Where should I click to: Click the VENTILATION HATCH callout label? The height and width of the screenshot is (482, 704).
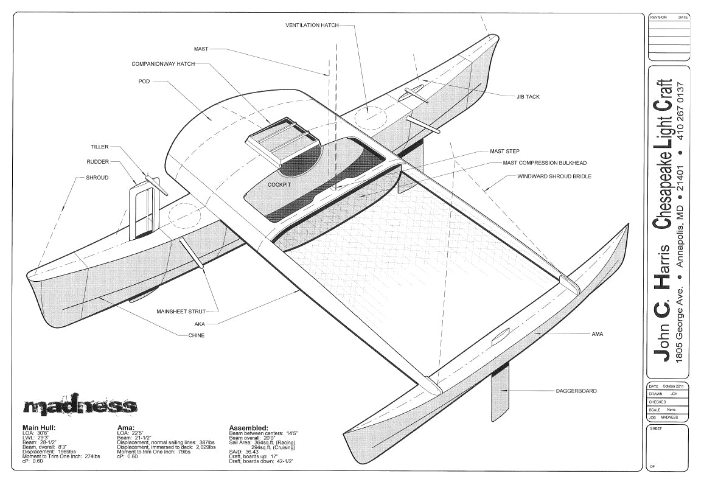pyautogui.click(x=312, y=25)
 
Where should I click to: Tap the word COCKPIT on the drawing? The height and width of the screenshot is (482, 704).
pyautogui.click(x=281, y=184)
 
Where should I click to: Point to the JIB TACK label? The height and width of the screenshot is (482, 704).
pyautogui.click(x=528, y=97)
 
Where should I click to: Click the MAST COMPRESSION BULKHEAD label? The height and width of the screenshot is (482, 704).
pyautogui.click(x=545, y=163)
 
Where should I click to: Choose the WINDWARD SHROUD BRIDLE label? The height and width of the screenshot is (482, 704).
pyautogui.click(x=554, y=176)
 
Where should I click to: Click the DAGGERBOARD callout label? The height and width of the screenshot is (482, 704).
pyautogui.click(x=576, y=391)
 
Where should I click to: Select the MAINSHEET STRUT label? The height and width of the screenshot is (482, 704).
pyautogui.click(x=181, y=311)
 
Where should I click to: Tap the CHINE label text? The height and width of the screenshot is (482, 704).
pyautogui.click(x=196, y=335)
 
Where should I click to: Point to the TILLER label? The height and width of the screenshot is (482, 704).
pyautogui.click(x=100, y=147)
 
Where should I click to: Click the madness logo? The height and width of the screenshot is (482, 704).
pyautogui.click(x=80, y=406)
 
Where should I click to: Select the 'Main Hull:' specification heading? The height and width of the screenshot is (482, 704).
pyautogui.click(x=40, y=427)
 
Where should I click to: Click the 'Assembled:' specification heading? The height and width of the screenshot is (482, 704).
pyautogui.click(x=248, y=427)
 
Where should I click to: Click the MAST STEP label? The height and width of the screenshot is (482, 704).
pyautogui.click(x=504, y=151)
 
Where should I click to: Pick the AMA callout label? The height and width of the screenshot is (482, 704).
pyautogui.click(x=597, y=334)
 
